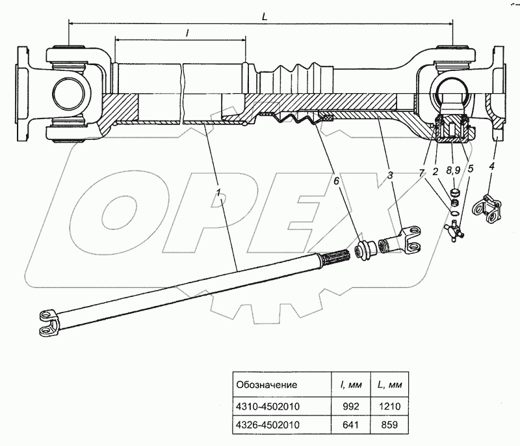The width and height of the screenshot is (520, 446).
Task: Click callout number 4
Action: [492, 167]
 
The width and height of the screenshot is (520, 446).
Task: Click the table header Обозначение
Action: [267, 384]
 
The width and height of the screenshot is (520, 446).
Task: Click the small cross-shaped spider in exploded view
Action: [454, 227]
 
